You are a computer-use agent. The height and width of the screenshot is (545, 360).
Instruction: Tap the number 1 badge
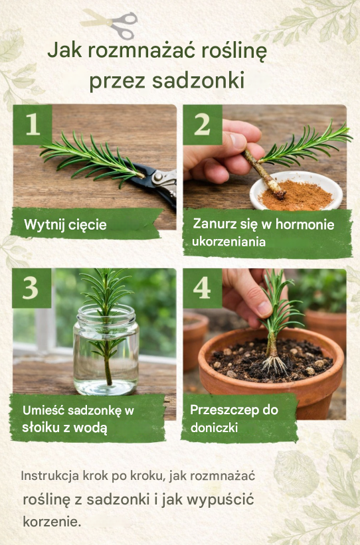pos(33,124)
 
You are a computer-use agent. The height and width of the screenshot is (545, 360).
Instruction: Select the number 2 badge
pos(203,124)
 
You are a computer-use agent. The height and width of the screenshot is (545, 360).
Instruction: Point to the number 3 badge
pos(32,288)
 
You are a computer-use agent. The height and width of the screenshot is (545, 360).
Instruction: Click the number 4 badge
pos(203,288)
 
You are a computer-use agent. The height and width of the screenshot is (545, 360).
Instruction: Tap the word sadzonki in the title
pos(198,80)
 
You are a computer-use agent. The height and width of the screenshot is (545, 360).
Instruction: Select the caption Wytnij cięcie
pos(65,225)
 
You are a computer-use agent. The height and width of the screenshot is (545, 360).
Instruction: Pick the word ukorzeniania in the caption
pos(228,242)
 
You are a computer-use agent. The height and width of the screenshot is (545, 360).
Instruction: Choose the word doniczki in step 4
pos(214,428)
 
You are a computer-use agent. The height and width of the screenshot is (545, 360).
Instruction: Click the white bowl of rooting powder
pos(296,191)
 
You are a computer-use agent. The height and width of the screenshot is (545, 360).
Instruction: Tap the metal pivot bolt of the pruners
pos(159,177)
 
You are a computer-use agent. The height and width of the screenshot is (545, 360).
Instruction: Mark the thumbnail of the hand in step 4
pos(264,308)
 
